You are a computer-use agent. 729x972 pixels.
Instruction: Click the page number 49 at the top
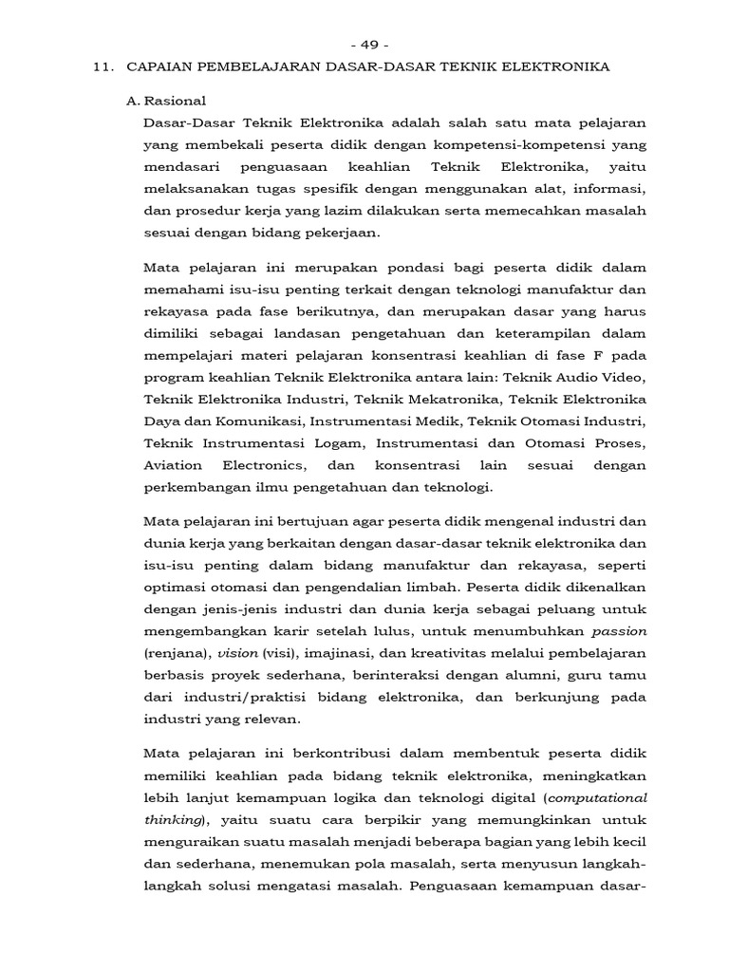(x=364, y=45)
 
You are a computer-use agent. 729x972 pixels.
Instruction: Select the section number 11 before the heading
(x=104, y=66)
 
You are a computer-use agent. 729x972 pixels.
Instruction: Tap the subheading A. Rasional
(x=167, y=101)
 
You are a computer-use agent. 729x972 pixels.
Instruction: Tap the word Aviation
(x=173, y=465)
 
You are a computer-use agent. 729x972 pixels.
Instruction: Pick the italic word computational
(x=600, y=795)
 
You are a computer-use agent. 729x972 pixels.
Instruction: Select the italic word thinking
(x=169, y=819)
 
